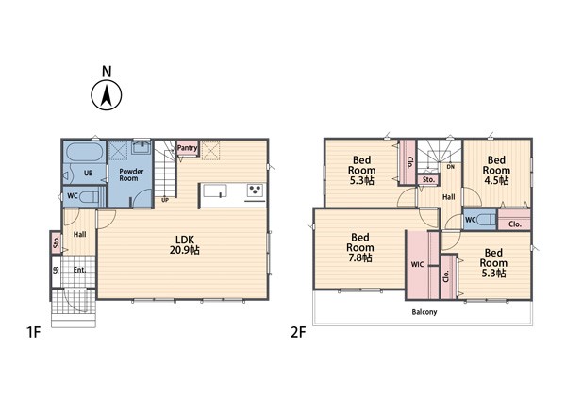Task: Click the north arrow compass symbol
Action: point(106,95)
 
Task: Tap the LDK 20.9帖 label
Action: point(185,244)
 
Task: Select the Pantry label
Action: point(188,147)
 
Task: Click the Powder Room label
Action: point(131,174)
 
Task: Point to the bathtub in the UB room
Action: point(84,153)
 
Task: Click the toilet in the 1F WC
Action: point(89,196)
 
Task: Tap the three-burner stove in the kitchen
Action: point(255,190)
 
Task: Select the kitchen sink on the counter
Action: point(215,191)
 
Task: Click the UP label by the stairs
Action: point(165,200)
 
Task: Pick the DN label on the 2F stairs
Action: point(451,167)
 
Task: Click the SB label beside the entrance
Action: point(57,271)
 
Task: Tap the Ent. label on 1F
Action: point(80,270)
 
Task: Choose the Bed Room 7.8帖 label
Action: point(360,247)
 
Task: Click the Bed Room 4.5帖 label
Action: point(496,170)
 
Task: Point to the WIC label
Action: point(417,264)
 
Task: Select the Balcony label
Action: point(424,312)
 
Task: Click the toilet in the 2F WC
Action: point(486,219)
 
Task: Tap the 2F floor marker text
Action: point(298,332)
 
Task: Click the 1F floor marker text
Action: point(34,332)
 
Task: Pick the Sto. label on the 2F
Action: point(428,179)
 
